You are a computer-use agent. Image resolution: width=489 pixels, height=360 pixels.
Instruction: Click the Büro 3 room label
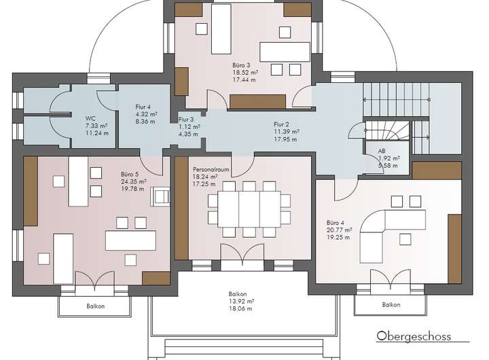[241, 65]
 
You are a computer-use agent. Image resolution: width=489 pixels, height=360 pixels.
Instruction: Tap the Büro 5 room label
[130, 175]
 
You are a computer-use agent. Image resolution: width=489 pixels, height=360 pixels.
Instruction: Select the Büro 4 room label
[336, 223]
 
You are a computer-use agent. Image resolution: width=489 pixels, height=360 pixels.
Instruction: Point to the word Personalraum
[211, 170]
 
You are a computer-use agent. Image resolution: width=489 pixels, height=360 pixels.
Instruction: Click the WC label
[91, 119]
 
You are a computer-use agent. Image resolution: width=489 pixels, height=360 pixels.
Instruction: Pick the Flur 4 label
[143, 107]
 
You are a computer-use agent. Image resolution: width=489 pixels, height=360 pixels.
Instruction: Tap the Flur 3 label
[186, 119]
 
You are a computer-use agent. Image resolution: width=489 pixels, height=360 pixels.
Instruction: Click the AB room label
[382, 151]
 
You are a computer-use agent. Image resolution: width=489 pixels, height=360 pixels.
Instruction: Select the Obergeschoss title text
[414, 336]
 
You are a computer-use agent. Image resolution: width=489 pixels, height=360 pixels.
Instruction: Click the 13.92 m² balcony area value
[241, 302]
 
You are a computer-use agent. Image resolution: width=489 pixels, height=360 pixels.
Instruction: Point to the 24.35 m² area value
[134, 181]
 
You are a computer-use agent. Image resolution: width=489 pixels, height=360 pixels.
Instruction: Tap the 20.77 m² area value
[340, 230]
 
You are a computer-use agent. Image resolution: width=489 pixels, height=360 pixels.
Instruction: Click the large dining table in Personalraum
[249, 209]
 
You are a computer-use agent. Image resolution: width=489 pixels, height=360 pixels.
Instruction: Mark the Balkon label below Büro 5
[96, 306]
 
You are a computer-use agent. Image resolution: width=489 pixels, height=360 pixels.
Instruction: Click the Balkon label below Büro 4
[391, 304]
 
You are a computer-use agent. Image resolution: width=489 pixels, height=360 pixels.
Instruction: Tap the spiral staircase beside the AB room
[387, 130]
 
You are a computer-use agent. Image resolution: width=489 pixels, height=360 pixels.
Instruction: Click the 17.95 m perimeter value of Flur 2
[286, 139]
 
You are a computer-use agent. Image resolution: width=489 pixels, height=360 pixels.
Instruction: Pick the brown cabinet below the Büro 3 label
[257, 102]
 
